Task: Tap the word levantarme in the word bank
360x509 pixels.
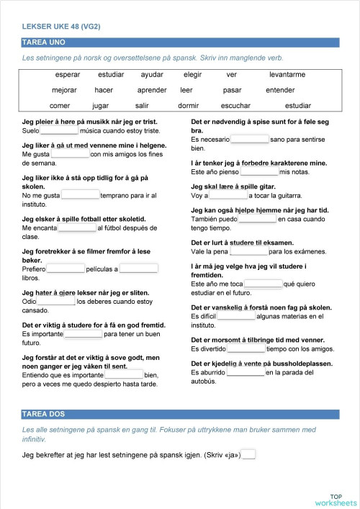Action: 287,74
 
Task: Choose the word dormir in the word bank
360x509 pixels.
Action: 188,106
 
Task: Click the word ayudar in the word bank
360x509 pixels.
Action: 152,74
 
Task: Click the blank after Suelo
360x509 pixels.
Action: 59,131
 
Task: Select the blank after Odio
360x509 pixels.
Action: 57,302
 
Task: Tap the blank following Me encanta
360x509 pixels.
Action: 76,228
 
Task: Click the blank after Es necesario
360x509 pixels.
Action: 249,139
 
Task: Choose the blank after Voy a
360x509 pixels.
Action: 228,195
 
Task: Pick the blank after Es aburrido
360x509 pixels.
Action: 246,372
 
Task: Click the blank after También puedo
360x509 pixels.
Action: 257,219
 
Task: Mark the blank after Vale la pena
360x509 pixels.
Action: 249,251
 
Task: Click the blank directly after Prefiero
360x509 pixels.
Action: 66,269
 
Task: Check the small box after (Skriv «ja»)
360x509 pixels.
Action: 248,454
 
